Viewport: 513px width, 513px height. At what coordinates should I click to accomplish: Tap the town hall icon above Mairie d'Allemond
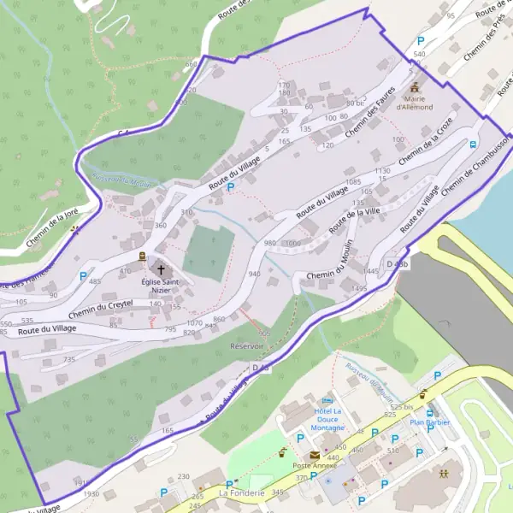click(x=416, y=87)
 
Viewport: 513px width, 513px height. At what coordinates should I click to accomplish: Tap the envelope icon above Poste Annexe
click(x=315, y=455)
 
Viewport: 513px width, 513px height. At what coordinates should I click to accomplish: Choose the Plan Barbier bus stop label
click(x=428, y=422)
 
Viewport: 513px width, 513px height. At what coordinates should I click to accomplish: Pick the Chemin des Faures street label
click(x=372, y=119)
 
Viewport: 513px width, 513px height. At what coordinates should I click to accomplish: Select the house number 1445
click(x=370, y=270)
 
